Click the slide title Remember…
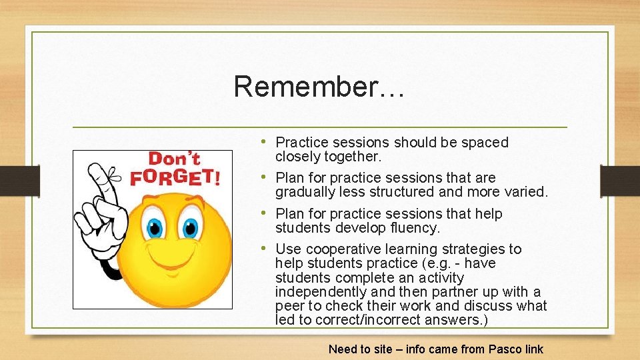(x=319, y=87)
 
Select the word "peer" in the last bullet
(x=289, y=306)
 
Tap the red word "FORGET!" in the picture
(x=174, y=177)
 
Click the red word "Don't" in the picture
(x=174, y=159)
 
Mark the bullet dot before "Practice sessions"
(x=266, y=141)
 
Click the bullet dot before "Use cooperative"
(x=266, y=248)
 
